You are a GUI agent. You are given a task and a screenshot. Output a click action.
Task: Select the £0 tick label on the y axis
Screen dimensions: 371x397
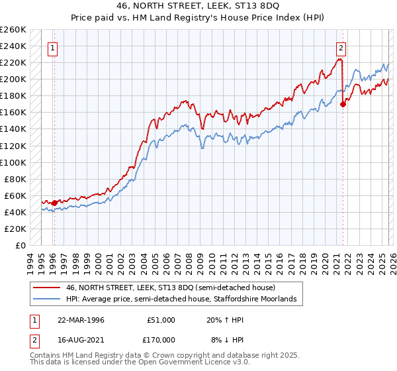(21, 245)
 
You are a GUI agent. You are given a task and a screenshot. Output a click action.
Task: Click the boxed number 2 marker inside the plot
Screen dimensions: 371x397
(341, 47)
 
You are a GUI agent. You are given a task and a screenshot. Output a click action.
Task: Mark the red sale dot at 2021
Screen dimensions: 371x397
(343, 104)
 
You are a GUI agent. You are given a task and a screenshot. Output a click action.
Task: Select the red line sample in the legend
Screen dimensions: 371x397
(47, 288)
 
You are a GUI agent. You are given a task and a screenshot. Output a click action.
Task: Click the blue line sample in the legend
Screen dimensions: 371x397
(47, 299)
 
